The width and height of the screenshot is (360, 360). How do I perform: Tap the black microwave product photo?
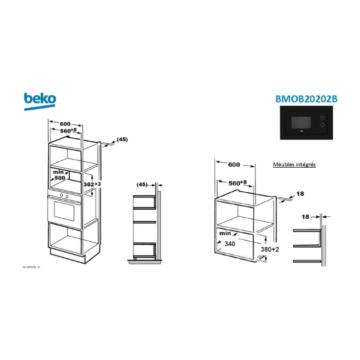click(308, 124)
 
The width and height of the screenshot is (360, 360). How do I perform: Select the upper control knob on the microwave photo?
click(323, 117)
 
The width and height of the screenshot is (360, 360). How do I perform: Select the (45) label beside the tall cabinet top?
click(123, 140)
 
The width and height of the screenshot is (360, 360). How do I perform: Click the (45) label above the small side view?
click(143, 185)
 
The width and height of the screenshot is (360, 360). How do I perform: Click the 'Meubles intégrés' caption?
click(294, 165)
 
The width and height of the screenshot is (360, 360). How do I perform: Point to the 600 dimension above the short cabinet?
click(234, 165)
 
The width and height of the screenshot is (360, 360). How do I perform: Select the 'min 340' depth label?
click(227, 239)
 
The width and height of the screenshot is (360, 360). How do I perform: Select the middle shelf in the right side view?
click(307, 245)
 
